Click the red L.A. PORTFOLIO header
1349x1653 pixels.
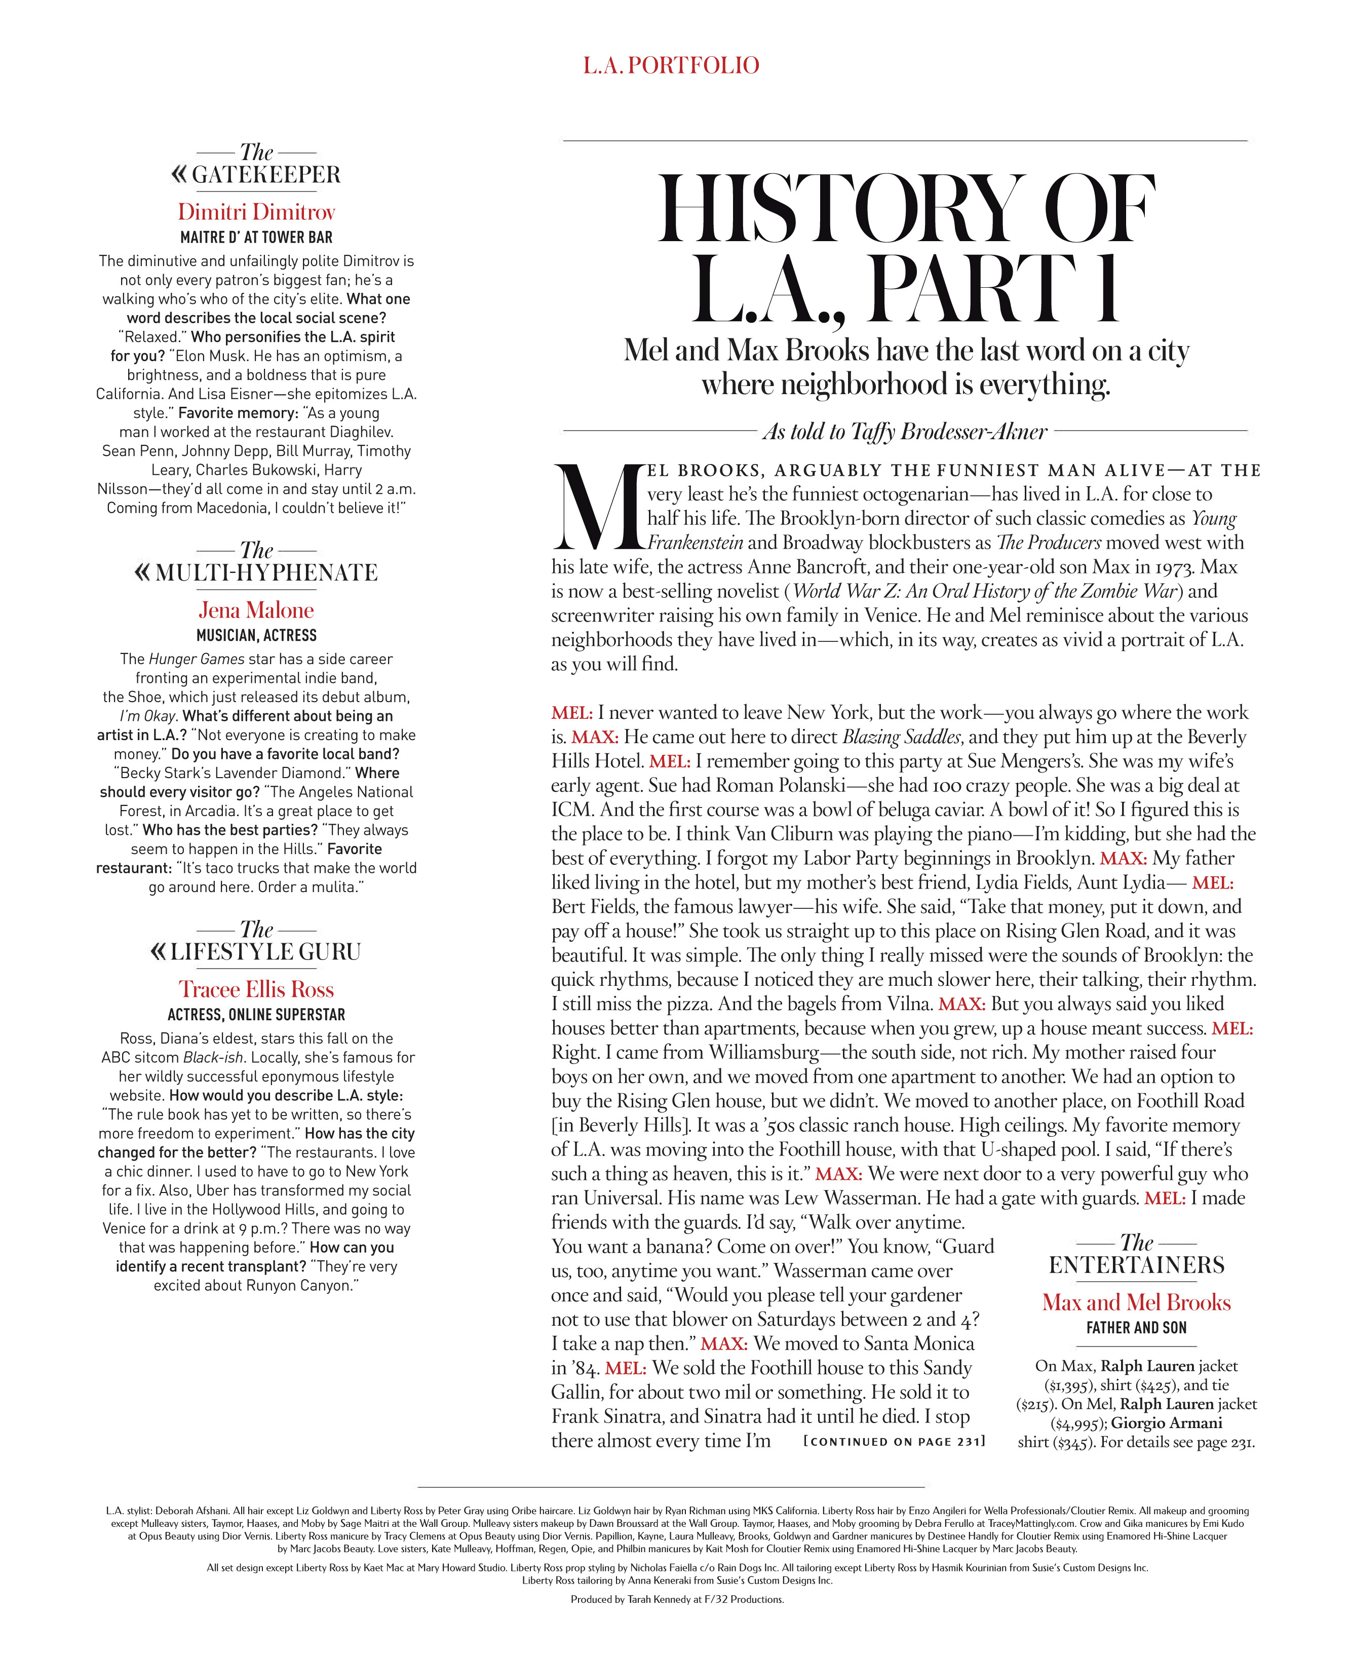tap(671, 65)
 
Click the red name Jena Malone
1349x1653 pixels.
tap(256, 610)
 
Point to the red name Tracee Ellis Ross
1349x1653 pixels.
tap(256, 989)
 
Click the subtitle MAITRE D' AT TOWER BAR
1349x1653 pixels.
tap(256, 237)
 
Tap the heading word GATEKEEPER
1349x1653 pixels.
tap(266, 175)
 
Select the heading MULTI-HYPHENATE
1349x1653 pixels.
tap(266, 573)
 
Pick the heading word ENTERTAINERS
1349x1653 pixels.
tap(1136, 1265)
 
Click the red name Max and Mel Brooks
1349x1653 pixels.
tap(1136, 1302)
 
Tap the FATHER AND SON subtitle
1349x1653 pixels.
tap(1136, 1328)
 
